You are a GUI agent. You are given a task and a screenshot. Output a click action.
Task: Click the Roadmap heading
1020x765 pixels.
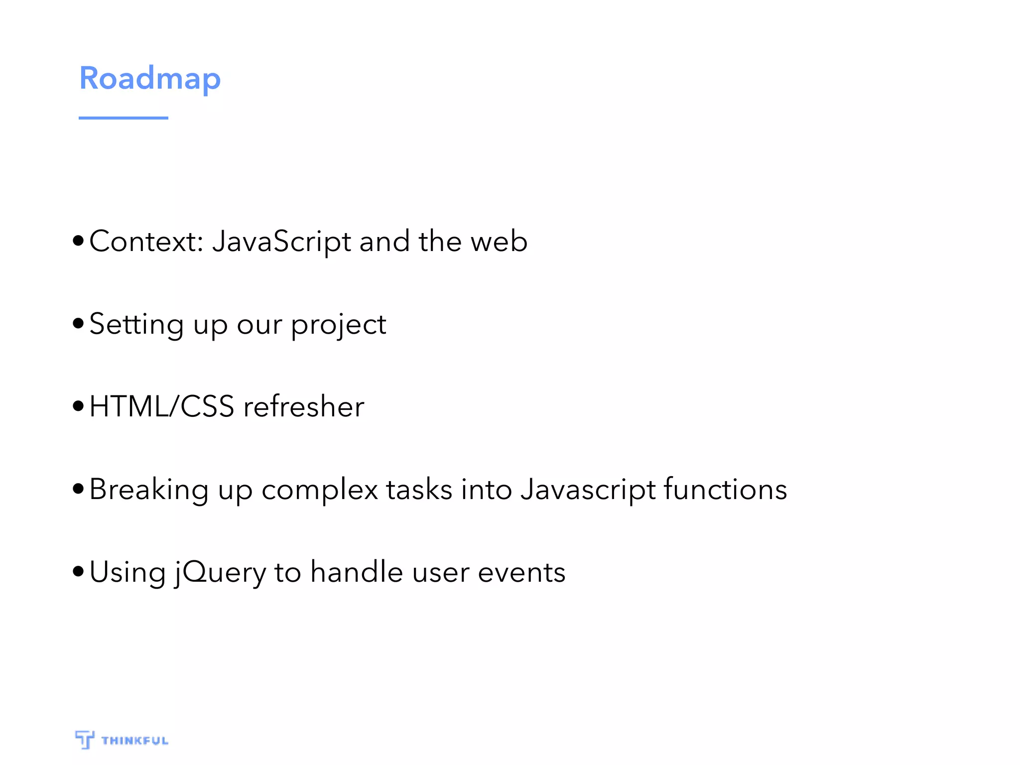[x=150, y=79]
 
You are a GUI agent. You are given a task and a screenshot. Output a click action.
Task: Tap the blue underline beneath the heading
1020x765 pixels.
[x=123, y=118]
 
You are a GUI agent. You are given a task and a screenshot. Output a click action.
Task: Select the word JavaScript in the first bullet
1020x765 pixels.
[x=281, y=242]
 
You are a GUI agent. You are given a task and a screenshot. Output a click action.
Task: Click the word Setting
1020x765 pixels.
[x=136, y=325]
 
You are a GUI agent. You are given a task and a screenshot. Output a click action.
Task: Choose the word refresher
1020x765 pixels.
[x=304, y=406]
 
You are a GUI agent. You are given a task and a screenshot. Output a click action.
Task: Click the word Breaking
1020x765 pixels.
[x=149, y=490]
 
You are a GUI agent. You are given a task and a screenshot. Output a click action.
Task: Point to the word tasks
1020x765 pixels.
[x=419, y=489]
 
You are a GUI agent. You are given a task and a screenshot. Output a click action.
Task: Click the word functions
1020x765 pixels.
[x=725, y=489]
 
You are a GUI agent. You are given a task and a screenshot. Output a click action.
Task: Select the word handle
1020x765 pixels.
[x=357, y=572]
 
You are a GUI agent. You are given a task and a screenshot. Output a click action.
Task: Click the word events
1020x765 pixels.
[x=521, y=572]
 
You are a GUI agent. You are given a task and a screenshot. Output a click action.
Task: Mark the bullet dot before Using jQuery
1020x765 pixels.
[x=78, y=571]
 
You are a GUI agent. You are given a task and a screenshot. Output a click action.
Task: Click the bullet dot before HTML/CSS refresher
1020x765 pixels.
[x=78, y=406]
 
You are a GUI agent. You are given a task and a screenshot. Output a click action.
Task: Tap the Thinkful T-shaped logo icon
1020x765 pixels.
[x=85, y=739]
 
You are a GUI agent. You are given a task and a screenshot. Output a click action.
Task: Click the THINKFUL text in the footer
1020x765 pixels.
[x=135, y=741]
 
